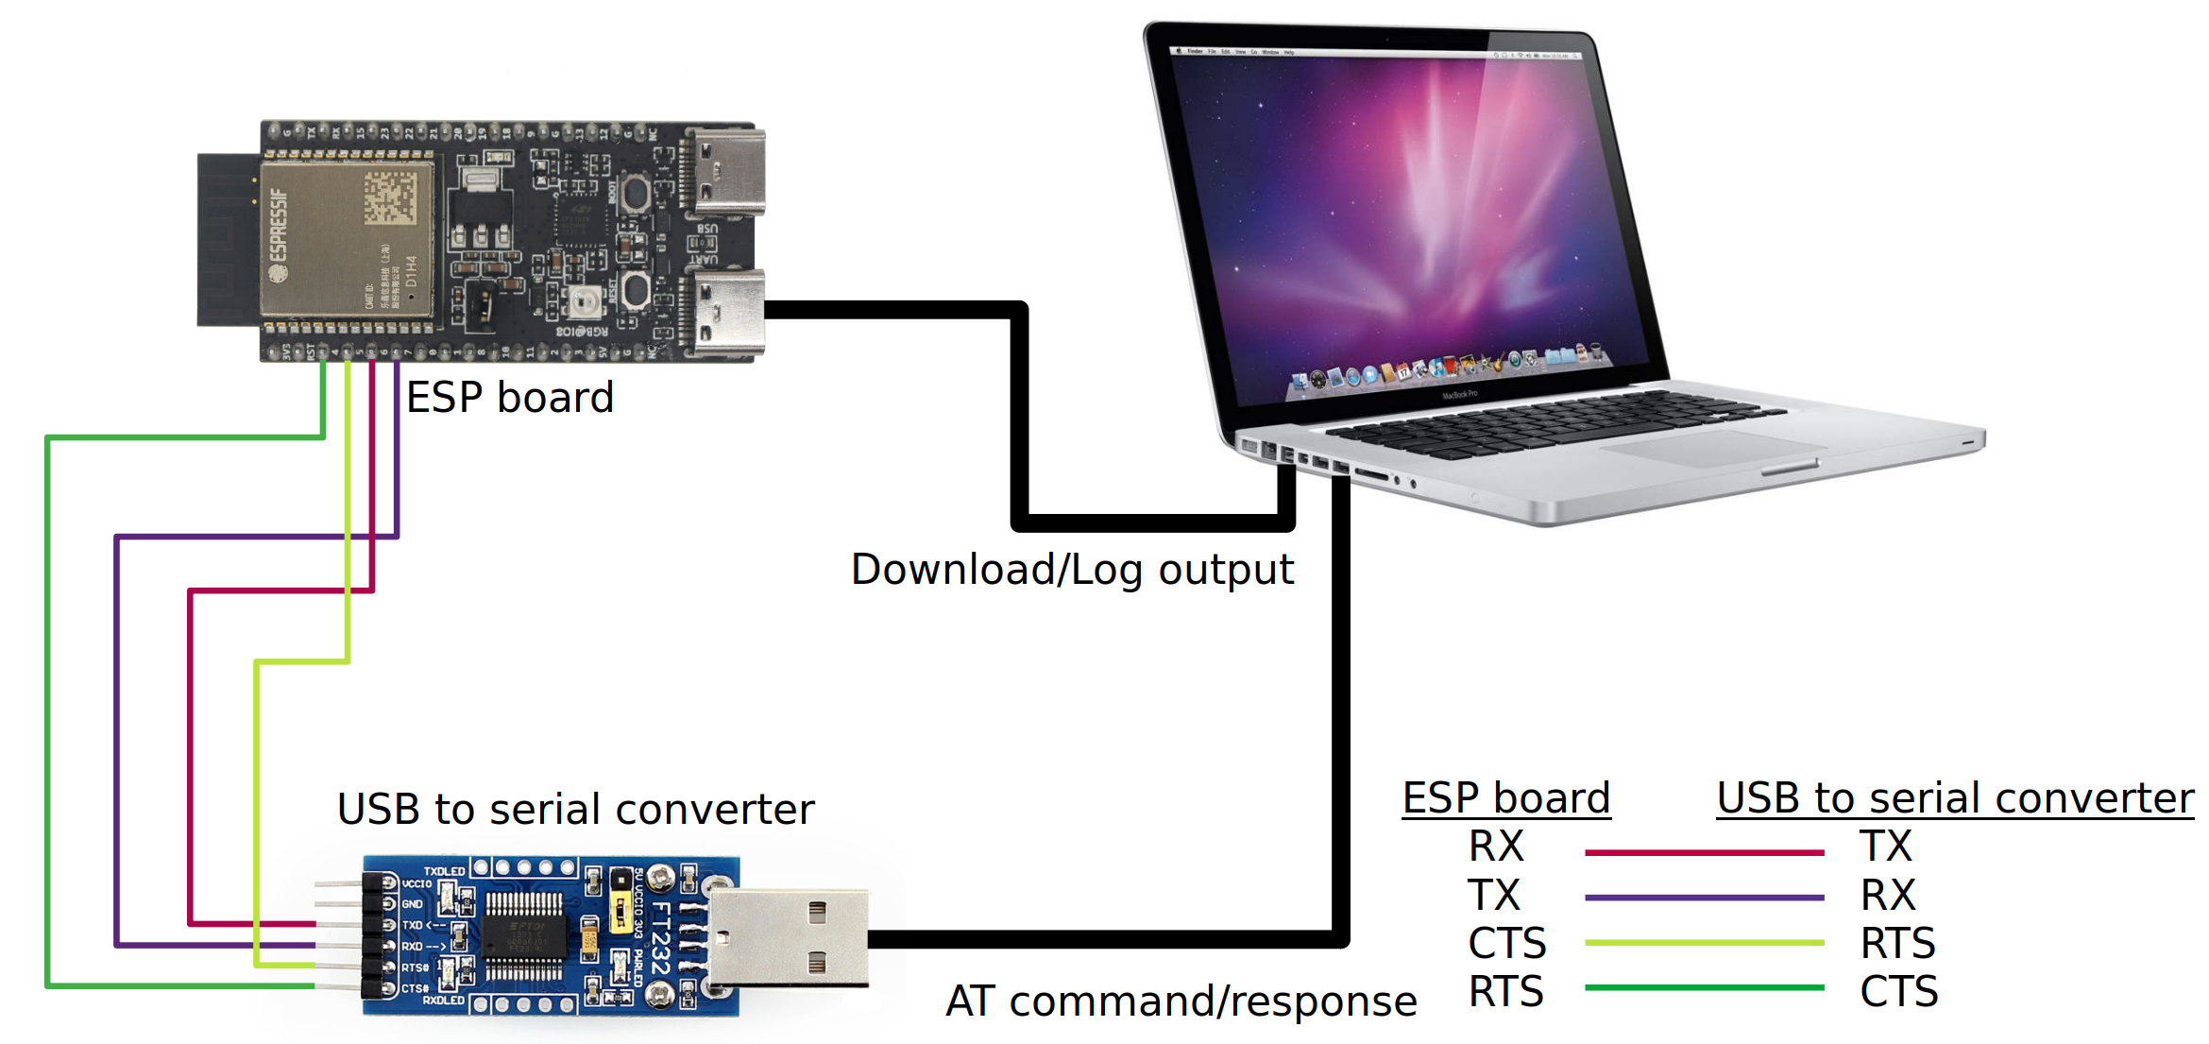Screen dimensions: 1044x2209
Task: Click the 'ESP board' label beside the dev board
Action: click(x=510, y=397)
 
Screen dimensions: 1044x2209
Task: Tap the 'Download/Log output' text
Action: click(x=1072, y=570)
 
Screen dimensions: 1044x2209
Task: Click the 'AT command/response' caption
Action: click(x=1181, y=1001)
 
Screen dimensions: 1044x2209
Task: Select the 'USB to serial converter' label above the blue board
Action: click(x=575, y=810)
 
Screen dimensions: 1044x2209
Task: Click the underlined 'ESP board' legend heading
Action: click(x=1505, y=798)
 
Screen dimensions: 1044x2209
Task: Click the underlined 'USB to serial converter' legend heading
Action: click(x=1954, y=798)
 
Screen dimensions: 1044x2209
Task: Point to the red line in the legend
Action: click(x=1704, y=852)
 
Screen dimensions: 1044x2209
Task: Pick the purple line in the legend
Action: click(x=1704, y=898)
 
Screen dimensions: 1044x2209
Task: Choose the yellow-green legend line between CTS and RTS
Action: click(x=1704, y=943)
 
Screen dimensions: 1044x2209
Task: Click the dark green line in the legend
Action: click(x=1704, y=987)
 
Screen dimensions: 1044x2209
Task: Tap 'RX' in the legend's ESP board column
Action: click(x=1496, y=847)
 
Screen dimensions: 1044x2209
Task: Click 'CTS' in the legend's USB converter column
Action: click(x=1898, y=992)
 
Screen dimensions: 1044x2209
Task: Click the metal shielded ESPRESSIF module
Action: click(x=346, y=239)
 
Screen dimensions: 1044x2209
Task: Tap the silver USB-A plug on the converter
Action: click(x=789, y=937)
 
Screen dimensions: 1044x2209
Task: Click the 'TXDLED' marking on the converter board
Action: click(x=443, y=871)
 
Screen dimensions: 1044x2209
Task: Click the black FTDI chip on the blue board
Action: click(x=525, y=935)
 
